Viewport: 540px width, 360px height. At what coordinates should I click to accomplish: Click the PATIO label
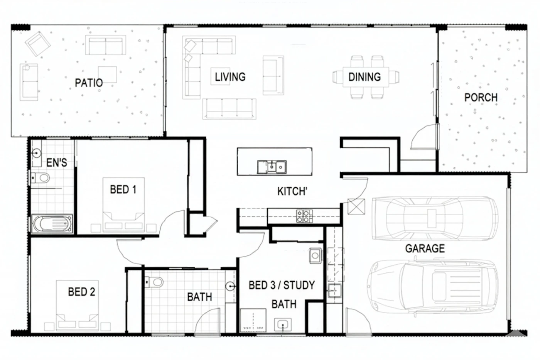tap(89, 83)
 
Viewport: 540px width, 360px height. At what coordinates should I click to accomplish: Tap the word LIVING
tap(230, 77)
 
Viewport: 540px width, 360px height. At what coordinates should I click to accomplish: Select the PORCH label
tap(481, 97)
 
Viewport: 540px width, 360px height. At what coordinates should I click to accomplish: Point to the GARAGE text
tap(425, 248)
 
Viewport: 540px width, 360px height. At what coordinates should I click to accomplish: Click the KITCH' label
tap(292, 191)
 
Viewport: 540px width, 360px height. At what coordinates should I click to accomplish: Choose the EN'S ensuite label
tap(57, 163)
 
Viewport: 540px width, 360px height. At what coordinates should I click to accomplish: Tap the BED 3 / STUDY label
tap(282, 285)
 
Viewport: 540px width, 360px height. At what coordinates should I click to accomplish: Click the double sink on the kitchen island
tap(272, 167)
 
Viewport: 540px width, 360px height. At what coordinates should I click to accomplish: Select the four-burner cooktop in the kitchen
tap(304, 216)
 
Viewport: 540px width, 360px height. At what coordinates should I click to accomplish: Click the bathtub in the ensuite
tap(52, 224)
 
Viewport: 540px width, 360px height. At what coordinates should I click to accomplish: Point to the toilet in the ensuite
tap(40, 178)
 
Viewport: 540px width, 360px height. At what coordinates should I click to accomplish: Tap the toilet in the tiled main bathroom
tap(154, 282)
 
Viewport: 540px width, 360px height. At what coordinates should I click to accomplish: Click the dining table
tap(366, 77)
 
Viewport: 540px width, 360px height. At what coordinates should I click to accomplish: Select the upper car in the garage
tap(435, 218)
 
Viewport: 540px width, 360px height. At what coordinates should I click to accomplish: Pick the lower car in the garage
tap(432, 287)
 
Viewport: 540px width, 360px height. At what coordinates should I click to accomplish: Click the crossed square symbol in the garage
tap(356, 206)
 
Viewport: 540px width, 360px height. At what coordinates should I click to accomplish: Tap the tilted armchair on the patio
tap(38, 44)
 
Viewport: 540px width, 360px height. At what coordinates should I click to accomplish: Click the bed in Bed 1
tap(124, 205)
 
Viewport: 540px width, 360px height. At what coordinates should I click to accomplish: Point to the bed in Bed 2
tap(78, 305)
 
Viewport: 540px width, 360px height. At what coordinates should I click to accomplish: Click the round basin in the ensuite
tap(36, 153)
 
